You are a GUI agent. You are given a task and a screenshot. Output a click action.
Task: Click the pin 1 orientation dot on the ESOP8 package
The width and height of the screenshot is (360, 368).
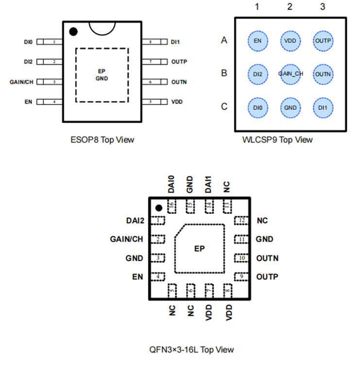tap(73, 32)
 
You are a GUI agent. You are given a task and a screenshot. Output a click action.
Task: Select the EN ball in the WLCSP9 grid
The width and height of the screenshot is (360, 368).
tap(257, 41)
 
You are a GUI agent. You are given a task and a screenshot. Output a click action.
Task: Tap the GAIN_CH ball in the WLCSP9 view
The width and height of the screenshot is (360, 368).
tap(291, 74)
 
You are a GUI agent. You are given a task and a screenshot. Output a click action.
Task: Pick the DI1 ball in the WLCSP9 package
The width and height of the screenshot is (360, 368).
tap(323, 107)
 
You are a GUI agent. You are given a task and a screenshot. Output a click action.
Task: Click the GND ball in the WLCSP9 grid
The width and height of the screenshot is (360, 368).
tap(291, 107)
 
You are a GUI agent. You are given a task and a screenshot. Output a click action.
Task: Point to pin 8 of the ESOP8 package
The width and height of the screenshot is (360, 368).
tap(151, 42)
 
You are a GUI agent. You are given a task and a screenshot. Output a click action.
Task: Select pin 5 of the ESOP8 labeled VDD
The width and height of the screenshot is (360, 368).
tap(151, 102)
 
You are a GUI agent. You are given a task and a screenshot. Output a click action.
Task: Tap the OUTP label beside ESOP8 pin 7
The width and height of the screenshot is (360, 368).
tap(179, 62)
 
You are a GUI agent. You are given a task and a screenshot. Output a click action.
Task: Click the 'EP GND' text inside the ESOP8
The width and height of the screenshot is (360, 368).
tap(102, 74)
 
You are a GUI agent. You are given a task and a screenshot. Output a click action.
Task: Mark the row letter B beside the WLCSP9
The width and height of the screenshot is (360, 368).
tap(224, 73)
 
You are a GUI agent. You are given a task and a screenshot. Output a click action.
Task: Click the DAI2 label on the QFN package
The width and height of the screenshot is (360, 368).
tap(135, 221)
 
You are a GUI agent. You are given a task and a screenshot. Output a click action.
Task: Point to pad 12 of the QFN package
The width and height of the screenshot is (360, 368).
tap(241, 220)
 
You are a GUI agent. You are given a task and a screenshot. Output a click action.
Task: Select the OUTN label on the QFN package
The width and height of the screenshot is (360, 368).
tap(267, 258)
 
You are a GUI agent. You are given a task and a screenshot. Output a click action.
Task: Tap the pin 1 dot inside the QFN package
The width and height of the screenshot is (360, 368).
tap(158, 208)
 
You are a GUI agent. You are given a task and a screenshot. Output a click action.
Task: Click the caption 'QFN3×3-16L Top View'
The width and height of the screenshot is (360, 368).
tap(192, 349)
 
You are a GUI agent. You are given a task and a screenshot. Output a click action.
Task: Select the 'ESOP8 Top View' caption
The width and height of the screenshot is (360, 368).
tap(102, 140)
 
